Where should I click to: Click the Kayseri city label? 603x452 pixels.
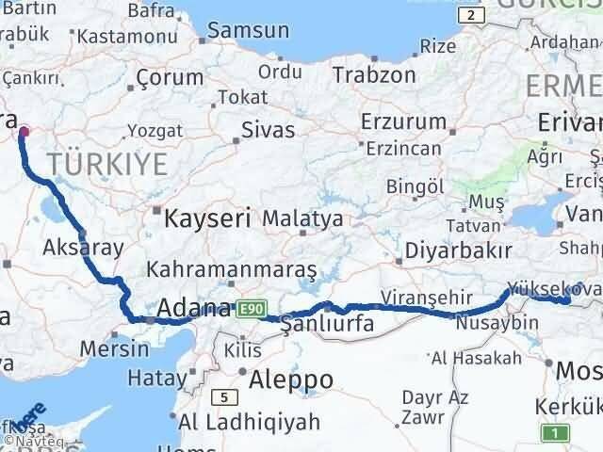click(x=208, y=219)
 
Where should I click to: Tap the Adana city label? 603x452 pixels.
click(x=194, y=308)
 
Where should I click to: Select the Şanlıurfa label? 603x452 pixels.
click(x=329, y=324)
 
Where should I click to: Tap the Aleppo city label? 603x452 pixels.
click(x=291, y=379)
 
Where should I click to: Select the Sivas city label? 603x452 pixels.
click(x=268, y=130)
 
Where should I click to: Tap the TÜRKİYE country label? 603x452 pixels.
click(x=108, y=165)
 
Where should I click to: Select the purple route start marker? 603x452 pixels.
click(x=24, y=133)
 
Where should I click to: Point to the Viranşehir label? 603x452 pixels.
click(x=418, y=298)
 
